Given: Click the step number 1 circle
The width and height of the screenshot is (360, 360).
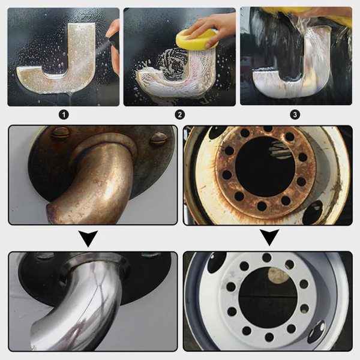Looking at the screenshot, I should [x=64, y=114].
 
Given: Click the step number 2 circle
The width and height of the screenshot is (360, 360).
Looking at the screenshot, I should [x=179, y=114].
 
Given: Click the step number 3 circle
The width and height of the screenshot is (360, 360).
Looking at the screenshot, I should [x=295, y=114].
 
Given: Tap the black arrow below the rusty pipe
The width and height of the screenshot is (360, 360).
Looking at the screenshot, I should [x=89, y=239].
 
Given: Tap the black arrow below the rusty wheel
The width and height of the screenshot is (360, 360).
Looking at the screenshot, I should [x=269, y=239].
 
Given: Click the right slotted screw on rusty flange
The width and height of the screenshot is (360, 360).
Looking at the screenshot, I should [x=158, y=139].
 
